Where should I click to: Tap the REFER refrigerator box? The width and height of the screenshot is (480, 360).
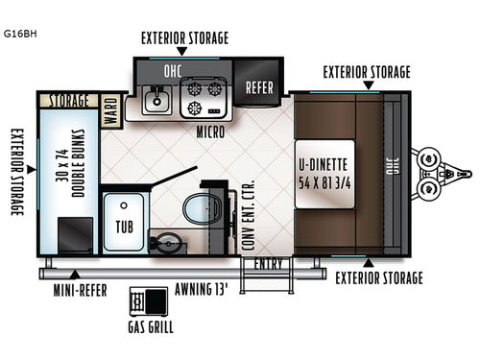[260, 85]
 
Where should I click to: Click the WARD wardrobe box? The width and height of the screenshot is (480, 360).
[110, 105]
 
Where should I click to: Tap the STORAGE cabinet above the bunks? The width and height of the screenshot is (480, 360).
[68, 100]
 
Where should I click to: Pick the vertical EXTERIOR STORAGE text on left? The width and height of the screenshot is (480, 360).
[16, 174]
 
